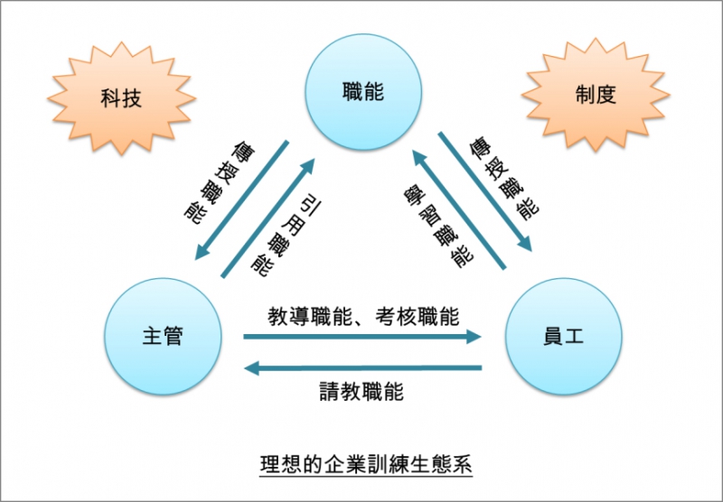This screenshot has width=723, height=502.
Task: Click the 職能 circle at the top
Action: [x=364, y=92]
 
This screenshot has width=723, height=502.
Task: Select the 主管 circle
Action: [x=163, y=336]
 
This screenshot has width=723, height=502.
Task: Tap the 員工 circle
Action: [x=563, y=336]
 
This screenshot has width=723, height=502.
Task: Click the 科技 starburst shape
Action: [x=121, y=98]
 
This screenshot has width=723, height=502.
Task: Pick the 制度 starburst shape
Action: [x=596, y=95]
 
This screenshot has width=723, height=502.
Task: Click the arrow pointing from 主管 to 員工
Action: [x=362, y=337]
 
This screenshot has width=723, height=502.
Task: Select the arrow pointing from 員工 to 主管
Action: [x=362, y=368]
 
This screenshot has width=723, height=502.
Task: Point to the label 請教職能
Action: [x=362, y=392]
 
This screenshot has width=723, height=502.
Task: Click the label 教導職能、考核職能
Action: [x=363, y=316]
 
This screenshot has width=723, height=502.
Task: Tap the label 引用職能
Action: [x=286, y=238]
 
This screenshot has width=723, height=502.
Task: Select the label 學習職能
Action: [x=438, y=226]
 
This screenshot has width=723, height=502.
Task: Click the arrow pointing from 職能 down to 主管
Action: [x=241, y=200]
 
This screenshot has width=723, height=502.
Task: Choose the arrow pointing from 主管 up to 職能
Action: [x=268, y=218]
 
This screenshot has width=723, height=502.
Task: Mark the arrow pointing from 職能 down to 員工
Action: [x=484, y=191]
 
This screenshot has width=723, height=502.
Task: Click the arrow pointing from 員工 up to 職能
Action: [x=459, y=209]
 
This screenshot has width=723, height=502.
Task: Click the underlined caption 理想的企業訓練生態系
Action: [x=366, y=464]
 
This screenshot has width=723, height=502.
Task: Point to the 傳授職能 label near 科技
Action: [x=220, y=184]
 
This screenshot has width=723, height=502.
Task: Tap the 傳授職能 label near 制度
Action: [x=504, y=178]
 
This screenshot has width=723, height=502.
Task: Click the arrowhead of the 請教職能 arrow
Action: [x=251, y=368]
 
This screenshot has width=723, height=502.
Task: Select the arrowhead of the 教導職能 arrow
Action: [x=474, y=337]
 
